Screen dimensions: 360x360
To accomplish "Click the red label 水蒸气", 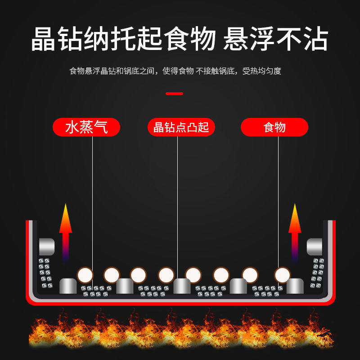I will pyautogui.click(x=86, y=127).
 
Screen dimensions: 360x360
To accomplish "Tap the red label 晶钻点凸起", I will pyautogui.click(x=181, y=127).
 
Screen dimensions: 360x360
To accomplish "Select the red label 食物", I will pyautogui.click(x=274, y=127).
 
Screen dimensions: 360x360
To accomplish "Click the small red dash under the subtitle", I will pyautogui.click(x=174, y=94).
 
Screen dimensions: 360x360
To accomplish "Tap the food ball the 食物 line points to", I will pyautogui.click(x=283, y=274).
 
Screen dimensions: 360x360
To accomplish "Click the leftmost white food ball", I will pyautogui.click(x=85, y=274).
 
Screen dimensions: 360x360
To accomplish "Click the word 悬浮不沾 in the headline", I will pyautogui.click(x=275, y=40).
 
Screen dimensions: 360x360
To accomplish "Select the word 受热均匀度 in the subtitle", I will pyautogui.click(x=262, y=71).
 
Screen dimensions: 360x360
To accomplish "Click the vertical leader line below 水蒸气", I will pyautogui.click(x=93, y=202).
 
